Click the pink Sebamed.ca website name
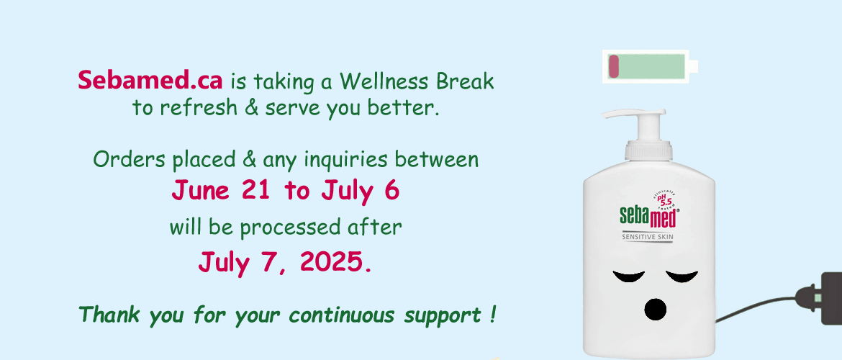point(150,81)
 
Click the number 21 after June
point(255,189)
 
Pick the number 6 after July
point(392,189)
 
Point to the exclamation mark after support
point(492,314)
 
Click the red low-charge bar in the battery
point(613,66)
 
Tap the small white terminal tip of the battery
point(693,66)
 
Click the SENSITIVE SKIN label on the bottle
point(647,236)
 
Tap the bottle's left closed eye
point(629,276)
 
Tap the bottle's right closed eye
point(682,276)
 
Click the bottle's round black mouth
point(655,310)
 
